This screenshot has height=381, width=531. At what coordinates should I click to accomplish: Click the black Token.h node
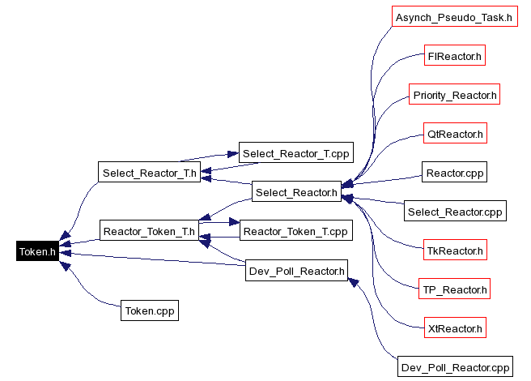tap(37, 251)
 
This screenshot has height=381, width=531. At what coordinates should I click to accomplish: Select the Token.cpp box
tap(149, 310)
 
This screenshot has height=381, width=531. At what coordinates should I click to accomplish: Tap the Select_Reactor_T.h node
tap(149, 172)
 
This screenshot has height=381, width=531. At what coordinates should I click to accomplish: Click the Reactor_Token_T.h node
tap(149, 231)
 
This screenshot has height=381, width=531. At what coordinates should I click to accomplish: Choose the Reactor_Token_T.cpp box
tap(295, 231)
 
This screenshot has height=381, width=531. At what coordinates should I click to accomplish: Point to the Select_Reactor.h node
tap(295, 192)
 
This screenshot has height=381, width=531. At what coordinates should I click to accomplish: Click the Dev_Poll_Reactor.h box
tap(295, 271)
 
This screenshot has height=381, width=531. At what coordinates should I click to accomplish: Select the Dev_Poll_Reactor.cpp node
tap(456, 367)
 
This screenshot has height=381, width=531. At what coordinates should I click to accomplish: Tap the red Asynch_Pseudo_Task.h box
tap(454, 17)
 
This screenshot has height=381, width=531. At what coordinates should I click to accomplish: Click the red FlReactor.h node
tap(455, 56)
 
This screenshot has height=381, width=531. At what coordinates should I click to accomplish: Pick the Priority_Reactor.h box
tap(454, 95)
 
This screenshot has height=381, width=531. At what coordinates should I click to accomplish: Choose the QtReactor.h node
tap(455, 134)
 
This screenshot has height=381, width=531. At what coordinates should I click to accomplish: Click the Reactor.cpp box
tap(455, 173)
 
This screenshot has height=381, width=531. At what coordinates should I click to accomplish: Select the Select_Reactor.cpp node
tap(455, 212)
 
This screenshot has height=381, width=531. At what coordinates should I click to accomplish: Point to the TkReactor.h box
tap(455, 250)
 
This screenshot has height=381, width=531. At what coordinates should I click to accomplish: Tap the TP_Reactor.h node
tap(455, 289)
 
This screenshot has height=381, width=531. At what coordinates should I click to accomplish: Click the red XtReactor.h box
tap(455, 328)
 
